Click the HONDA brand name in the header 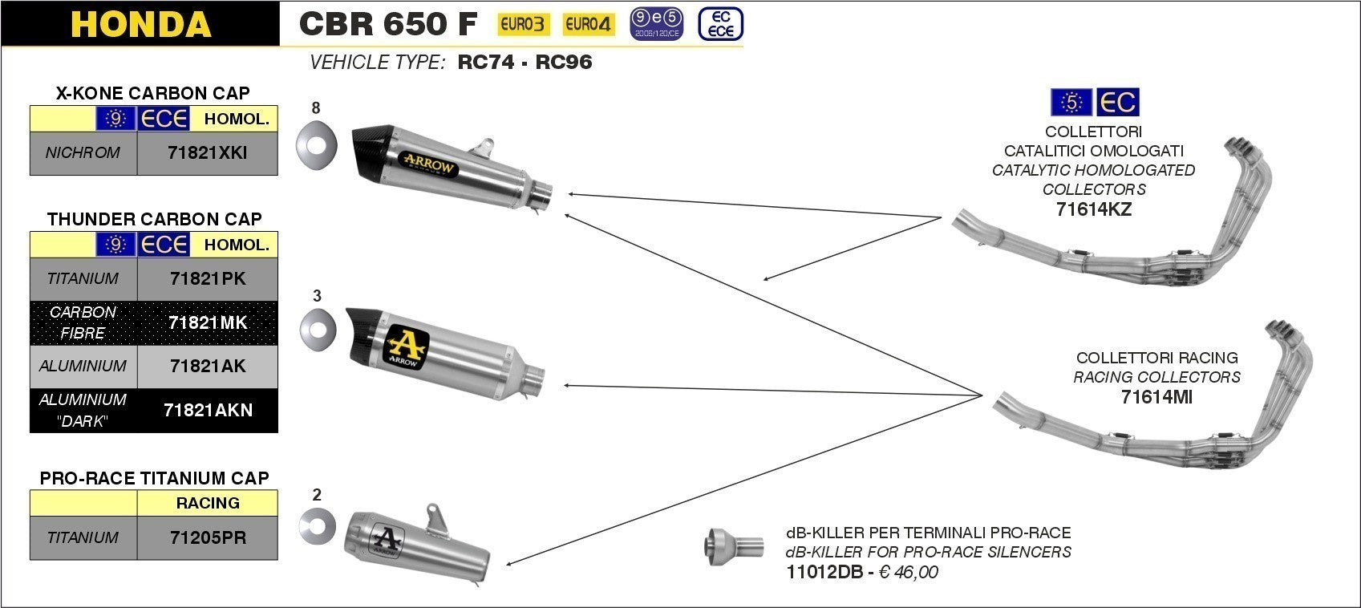click(x=140, y=24)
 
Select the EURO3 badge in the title click(x=523, y=25)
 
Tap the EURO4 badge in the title click(x=588, y=25)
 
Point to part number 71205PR click(x=208, y=537)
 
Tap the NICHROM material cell click(x=83, y=153)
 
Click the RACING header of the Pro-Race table click(x=208, y=503)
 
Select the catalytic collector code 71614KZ click(x=1093, y=209)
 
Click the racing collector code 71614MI click(x=1156, y=396)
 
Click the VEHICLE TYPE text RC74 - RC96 click(x=525, y=63)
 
